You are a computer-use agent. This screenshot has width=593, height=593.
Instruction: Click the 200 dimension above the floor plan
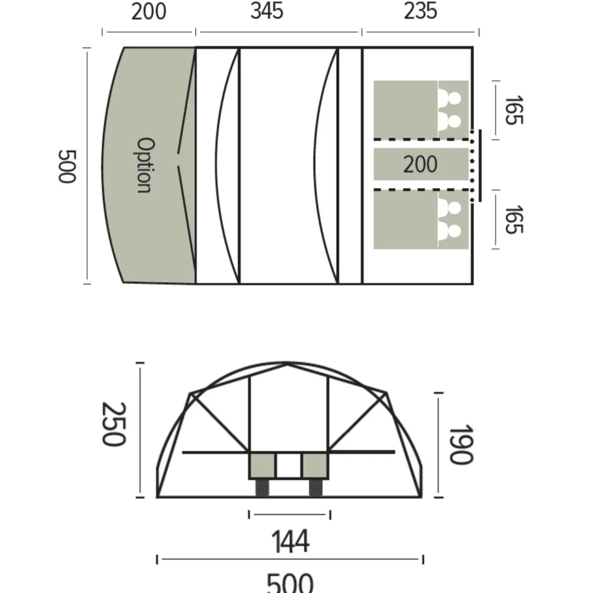(x=149, y=12)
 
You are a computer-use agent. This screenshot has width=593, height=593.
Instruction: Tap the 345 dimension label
(x=267, y=11)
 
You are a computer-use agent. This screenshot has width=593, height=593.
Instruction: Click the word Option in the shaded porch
(x=145, y=165)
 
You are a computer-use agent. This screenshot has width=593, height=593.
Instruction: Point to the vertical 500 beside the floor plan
(x=67, y=167)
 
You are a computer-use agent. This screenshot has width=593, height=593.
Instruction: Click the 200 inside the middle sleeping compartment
(x=420, y=164)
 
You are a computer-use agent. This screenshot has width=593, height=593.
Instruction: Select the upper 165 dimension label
(x=514, y=110)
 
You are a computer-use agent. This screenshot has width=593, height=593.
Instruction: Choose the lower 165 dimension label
(x=514, y=220)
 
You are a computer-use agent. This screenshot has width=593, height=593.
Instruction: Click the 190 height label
(x=461, y=444)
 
